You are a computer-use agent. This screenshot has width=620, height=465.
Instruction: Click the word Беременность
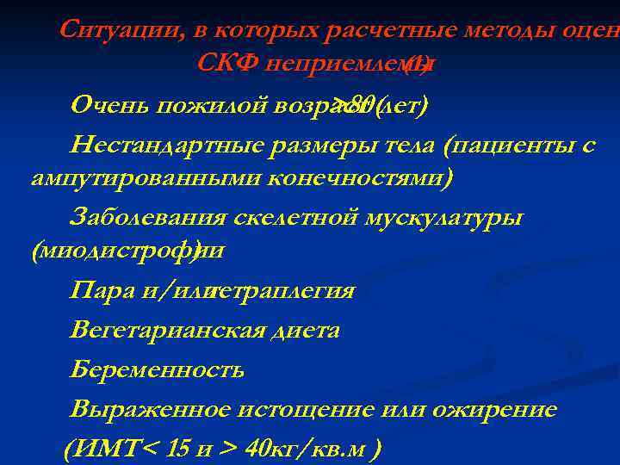[x=158, y=369]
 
